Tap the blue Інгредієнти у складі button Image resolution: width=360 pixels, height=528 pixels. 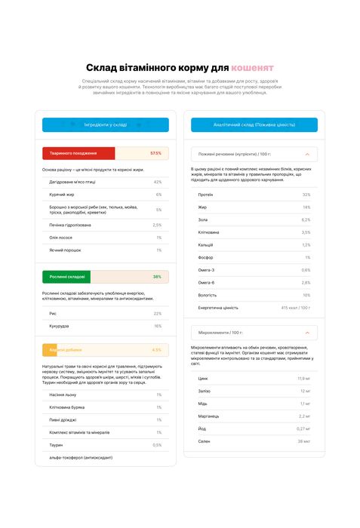click(106, 125)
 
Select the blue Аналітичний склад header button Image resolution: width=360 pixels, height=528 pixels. click(254, 125)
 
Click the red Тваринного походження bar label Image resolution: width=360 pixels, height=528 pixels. click(69, 153)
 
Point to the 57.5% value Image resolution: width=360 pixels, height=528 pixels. click(155, 153)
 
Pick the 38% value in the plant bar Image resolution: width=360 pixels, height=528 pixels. click(157, 277)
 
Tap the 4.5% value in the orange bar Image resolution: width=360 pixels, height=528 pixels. click(156, 350)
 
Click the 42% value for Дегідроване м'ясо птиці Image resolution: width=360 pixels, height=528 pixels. click(157, 182)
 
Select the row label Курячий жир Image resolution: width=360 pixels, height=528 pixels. click(62, 195)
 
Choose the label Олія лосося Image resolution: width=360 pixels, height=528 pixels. click(60, 238)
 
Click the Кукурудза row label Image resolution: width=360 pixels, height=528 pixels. click(59, 326)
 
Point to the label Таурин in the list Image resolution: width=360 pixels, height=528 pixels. click(56, 445)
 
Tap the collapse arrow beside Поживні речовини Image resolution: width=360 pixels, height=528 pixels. click(306, 154)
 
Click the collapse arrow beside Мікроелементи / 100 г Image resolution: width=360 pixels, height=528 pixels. click(306, 333)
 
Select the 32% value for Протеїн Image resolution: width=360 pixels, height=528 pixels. click(306, 195)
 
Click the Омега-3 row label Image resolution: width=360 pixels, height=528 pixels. click(207, 270)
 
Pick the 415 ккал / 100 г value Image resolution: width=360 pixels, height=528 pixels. click(295, 308)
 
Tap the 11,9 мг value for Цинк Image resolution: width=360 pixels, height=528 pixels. click(303, 379)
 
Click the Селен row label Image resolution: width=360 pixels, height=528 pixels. click(205, 441)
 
